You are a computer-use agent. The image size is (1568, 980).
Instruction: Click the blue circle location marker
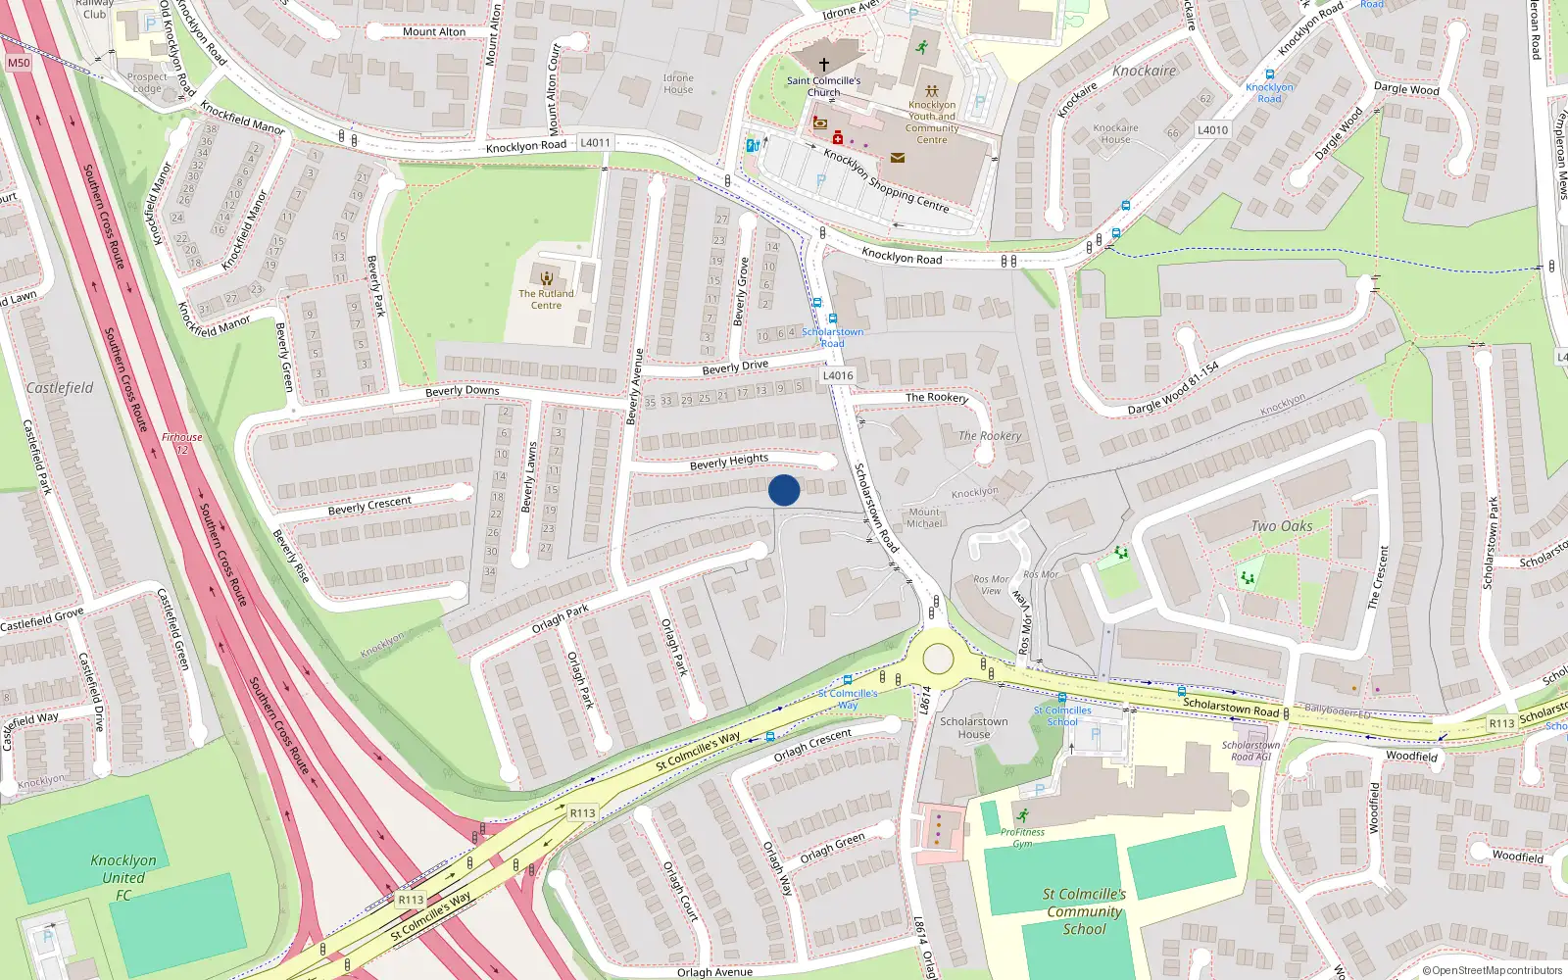click(x=784, y=490)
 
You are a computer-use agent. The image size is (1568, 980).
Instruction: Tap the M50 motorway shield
click(x=19, y=63)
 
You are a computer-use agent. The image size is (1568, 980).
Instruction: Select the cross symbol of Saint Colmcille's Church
click(x=824, y=65)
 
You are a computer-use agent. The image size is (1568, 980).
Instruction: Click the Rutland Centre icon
click(x=546, y=278)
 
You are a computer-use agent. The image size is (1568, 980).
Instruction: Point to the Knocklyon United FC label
click(x=123, y=877)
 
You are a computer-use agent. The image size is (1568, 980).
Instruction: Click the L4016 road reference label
click(x=838, y=375)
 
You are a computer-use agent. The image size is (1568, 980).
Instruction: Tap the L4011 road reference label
click(x=595, y=143)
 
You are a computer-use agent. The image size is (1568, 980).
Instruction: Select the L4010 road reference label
click(x=1212, y=130)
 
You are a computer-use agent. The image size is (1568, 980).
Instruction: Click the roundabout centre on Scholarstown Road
click(x=938, y=659)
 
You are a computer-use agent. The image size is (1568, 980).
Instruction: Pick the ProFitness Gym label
click(x=1022, y=837)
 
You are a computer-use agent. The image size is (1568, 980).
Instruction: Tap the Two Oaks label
click(x=1281, y=526)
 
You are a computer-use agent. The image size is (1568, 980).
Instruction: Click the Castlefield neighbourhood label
click(x=60, y=388)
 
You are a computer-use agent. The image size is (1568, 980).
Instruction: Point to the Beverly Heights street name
click(x=729, y=461)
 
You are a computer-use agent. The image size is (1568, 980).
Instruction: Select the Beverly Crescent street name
click(x=369, y=506)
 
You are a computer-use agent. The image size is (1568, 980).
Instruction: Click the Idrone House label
click(x=678, y=84)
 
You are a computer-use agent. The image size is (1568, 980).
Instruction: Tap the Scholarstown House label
click(x=973, y=728)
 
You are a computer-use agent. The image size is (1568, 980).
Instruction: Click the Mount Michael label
click(x=924, y=517)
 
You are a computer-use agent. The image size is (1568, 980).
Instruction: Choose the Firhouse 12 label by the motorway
click(x=182, y=443)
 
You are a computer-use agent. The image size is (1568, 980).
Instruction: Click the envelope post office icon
click(x=897, y=157)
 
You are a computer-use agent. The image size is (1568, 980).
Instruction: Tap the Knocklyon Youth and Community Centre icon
click(x=932, y=91)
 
